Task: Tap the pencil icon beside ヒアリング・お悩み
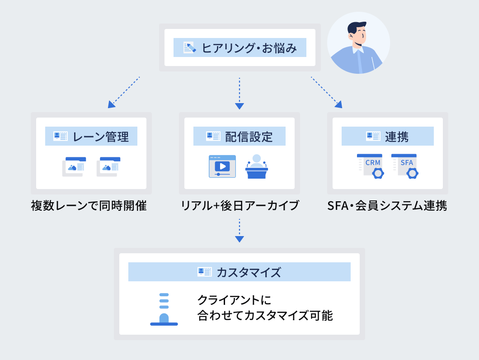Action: pyautogui.click(x=189, y=47)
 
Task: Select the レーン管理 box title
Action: pyautogui.click(x=101, y=136)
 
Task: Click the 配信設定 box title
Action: pyautogui.click(x=249, y=136)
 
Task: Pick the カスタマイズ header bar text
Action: pyautogui.click(x=249, y=272)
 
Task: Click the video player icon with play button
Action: pyautogui.click(x=222, y=166)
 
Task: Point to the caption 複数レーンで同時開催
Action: pyautogui.click(x=89, y=206)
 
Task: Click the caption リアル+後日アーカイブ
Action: pyautogui.click(x=239, y=206)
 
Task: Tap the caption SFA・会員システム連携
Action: pyautogui.click(x=387, y=206)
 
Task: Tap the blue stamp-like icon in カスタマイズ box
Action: pyautogui.click(x=164, y=309)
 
